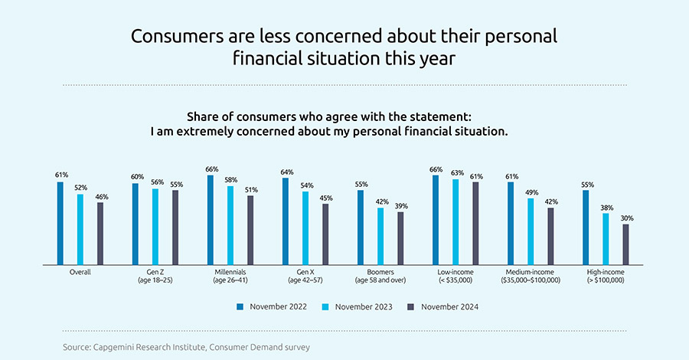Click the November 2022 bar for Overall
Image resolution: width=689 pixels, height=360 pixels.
pyautogui.click(x=60, y=223)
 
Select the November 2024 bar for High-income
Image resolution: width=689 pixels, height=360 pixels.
pyautogui.click(x=625, y=244)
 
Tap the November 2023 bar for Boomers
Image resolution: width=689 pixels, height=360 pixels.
pyautogui.click(x=380, y=236)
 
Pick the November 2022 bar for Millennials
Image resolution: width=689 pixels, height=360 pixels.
pyautogui.click(x=211, y=219)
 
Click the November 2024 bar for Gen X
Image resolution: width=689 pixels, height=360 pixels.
pyautogui.click(x=325, y=234)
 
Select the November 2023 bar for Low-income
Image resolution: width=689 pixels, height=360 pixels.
pyautogui.click(x=456, y=221)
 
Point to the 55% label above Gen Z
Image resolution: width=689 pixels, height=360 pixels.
pyautogui.click(x=175, y=185)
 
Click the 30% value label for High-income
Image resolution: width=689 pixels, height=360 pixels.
pyautogui.click(x=626, y=218)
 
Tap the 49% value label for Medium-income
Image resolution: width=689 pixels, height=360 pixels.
pyautogui.click(x=531, y=193)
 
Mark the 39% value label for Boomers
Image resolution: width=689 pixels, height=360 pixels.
pyautogui.click(x=400, y=206)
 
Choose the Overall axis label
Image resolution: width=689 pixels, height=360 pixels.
pyautogui.click(x=80, y=272)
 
